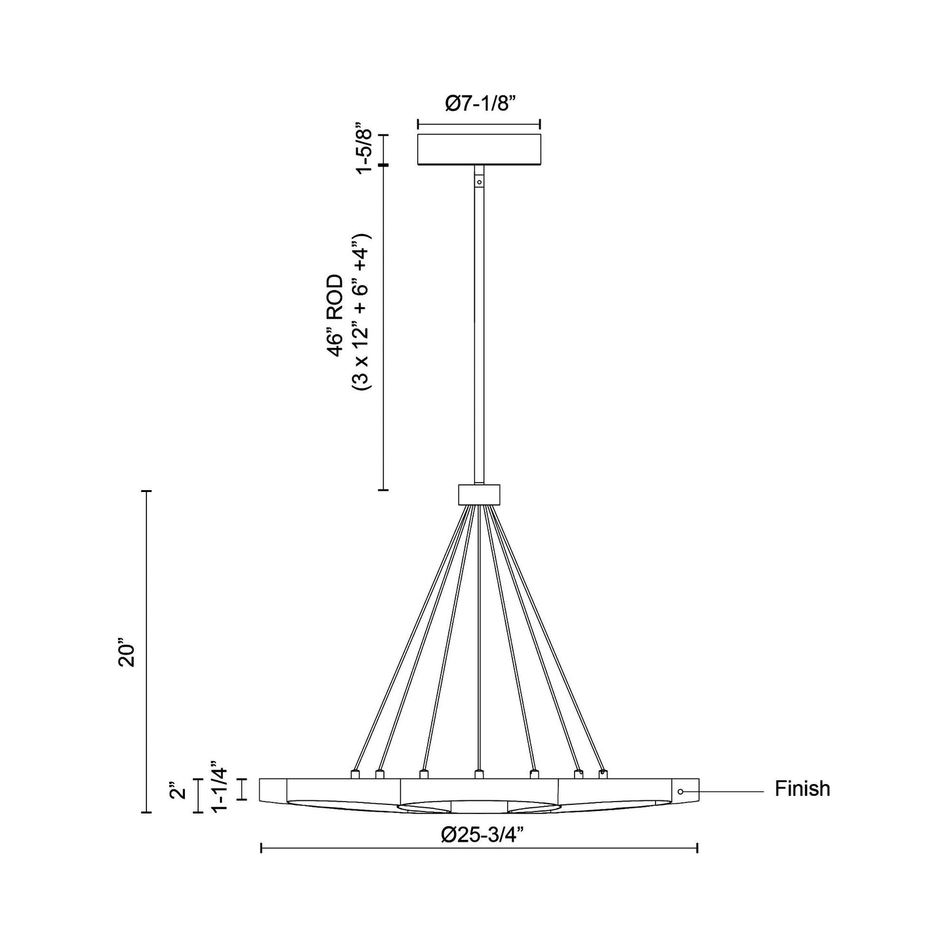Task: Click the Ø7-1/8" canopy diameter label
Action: pos(478,104)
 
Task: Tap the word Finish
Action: pos(802,789)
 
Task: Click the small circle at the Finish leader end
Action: pos(681,792)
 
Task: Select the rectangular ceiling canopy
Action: pos(479,149)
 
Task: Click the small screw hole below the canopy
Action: pos(479,182)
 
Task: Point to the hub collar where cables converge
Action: pos(479,493)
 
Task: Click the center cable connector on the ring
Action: pos(479,775)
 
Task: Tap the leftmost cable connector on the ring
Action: pos(355,774)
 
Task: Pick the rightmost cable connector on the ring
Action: pos(603,774)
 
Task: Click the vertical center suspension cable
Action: pos(479,636)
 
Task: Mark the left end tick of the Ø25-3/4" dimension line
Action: pos(262,848)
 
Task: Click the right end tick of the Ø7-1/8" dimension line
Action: pos(539,124)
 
